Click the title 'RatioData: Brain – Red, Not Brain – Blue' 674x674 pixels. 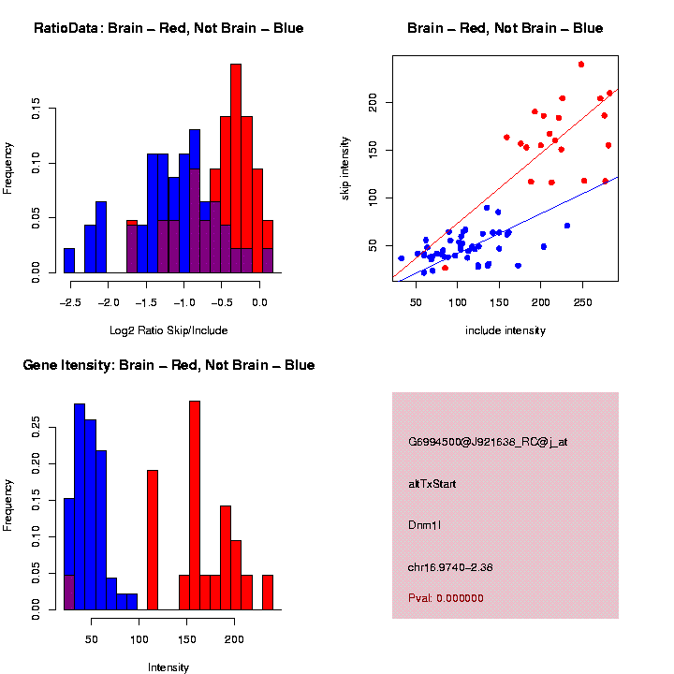[x=168, y=28]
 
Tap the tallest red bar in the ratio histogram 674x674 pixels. [x=236, y=168]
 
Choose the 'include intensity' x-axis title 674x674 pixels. [x=505, y=330]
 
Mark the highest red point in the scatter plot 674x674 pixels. [x=581, y=65]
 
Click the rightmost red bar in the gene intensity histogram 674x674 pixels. [x=268, y=593]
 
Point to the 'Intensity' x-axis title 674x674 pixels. [x=168, y=667]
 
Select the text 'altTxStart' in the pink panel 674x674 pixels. [x=432, y=484]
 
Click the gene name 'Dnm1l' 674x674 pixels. [x=424, y=525]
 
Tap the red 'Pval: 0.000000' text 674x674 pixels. [x=446, y=598]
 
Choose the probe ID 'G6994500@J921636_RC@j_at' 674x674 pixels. [x=488, y=442]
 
